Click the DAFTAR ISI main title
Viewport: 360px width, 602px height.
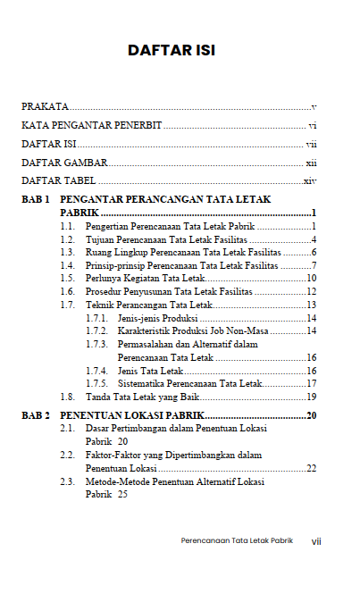click(171, 50)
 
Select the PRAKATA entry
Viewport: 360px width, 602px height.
click(46, 107)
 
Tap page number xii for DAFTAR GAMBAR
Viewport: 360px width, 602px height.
click(311, 163)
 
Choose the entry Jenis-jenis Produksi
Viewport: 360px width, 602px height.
click(145, 318)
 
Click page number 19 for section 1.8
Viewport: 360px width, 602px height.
click(312, 396)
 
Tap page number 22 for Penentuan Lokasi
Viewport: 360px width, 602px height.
click(311, 468)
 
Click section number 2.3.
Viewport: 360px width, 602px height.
click(67, 481)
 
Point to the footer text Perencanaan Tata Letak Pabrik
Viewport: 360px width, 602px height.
click(237, 540)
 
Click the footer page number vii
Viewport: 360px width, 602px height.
click(315, 540)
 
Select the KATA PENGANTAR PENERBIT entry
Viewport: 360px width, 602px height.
click(92, 126)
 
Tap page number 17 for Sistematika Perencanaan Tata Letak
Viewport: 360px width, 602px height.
click(312, 383)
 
